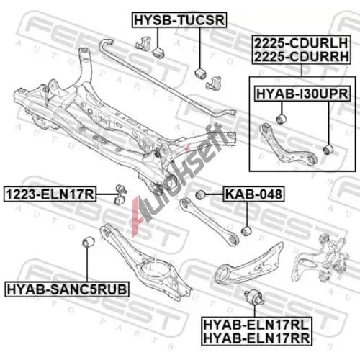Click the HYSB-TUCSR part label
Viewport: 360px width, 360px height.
coord(179,20)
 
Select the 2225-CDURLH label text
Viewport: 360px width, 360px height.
coord(301,43)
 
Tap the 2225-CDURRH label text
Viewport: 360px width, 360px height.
coord(301,57)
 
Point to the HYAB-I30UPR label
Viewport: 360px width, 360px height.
coord(302,94)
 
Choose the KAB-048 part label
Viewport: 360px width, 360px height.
coord(253,194)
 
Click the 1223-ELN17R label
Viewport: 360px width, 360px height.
coord(50,194)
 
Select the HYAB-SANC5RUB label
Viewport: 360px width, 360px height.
coord(67,289)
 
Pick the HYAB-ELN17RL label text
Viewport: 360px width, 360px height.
coord(256,325)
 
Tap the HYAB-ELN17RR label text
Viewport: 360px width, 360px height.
coord(256,338)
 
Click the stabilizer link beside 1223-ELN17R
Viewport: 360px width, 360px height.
coord(120,194)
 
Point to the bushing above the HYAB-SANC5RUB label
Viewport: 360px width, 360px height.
coord(88,242)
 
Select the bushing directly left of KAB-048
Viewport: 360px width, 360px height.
coord(200,194)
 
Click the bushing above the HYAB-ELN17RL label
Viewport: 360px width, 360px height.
coord(254,297)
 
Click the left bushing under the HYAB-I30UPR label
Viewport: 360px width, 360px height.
coord(281,120)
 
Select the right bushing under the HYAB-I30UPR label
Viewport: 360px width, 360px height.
coord(328,150)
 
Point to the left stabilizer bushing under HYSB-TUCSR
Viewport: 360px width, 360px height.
coord(158,53)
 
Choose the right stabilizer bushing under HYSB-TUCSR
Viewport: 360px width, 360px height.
coord(200,73)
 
